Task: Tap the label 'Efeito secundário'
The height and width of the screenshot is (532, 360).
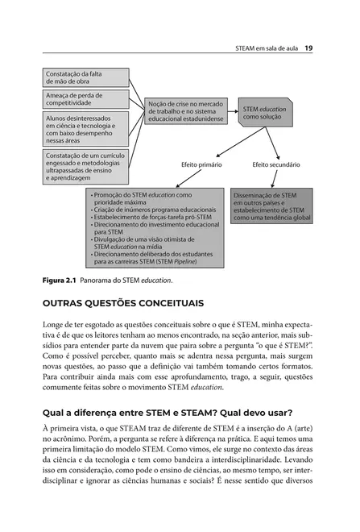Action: (276, 164)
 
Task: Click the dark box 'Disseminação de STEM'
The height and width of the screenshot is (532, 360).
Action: (271, 206)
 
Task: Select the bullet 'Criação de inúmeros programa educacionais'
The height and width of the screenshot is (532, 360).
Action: (156, 210)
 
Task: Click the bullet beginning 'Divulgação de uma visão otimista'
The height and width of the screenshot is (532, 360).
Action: (142, 239)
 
